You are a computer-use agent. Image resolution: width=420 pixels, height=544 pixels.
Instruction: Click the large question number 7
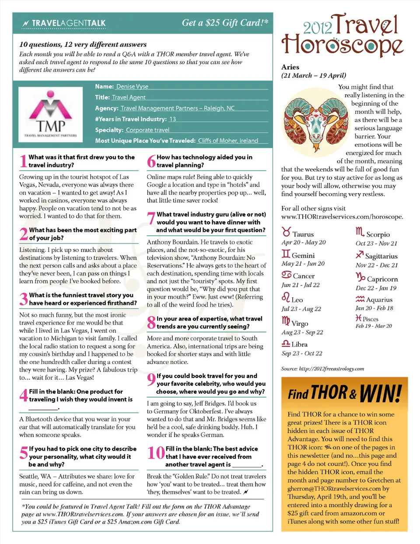coord(151,218)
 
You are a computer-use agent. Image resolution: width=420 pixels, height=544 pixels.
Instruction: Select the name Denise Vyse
coord(132,87)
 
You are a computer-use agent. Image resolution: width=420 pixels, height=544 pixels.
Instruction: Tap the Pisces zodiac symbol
coord(359,318)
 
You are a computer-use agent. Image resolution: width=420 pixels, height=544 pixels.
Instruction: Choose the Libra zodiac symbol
coord(286,344)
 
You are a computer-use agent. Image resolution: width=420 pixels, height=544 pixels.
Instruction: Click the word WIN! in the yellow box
coord(380,393)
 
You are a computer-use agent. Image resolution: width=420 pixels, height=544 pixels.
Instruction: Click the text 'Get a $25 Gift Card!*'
coord(225,23)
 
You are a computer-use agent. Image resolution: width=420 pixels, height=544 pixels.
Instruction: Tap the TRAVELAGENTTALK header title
coord(69,23)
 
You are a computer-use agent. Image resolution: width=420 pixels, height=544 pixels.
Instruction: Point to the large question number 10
coord(156,452)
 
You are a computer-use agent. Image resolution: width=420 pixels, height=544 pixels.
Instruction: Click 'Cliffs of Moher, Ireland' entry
coord(228,141)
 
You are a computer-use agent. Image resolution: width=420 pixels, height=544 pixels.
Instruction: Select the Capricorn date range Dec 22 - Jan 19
coord(376,288)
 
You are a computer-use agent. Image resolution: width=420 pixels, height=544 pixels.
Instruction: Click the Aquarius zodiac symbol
coord(360,299)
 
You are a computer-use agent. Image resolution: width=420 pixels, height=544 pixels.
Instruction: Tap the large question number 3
coord(24,299)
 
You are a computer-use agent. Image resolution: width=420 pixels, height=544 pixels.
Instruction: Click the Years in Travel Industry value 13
coord(173,119)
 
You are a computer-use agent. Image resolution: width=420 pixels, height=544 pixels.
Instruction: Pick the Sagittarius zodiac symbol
coord(360,255)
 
